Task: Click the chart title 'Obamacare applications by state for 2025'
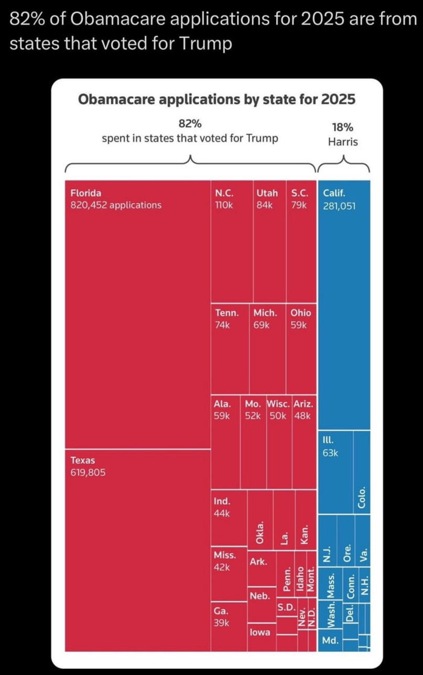pos(216,99)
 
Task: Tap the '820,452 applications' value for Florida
pos(116,205)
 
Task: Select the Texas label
pos(83,460)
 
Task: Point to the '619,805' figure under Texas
pos(88,473)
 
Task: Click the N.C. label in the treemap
pos(224,192)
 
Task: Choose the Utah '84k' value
pos(265,205)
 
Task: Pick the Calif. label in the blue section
pos(334,192)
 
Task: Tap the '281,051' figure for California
pos(339,205)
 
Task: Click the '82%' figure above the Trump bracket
pos(190,124)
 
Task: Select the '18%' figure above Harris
pos(343,127)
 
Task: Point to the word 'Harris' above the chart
pos(343,142)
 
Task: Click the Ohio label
pos(300,313)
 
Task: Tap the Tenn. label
pos(227,313)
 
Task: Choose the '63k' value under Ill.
pos(330,453)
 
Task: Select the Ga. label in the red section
pos(220,610)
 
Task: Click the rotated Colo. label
pos(362,499)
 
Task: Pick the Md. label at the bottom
pos(331,641)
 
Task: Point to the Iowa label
pos(260,632)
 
